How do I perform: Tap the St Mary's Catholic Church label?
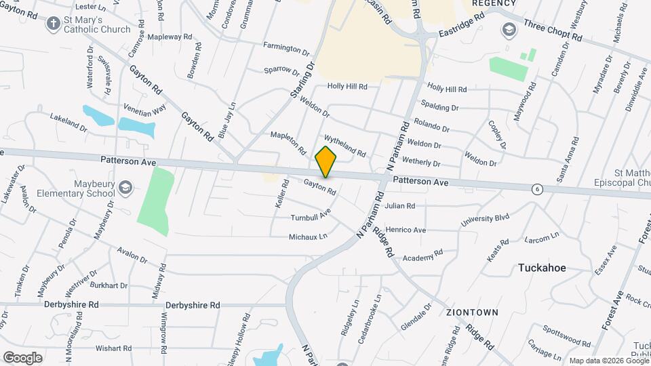(96, 25)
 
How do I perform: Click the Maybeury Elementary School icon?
(125, 187)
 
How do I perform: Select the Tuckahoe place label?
(542, 268)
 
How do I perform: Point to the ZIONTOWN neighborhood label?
(472, 312)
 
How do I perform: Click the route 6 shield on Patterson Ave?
(537, 188)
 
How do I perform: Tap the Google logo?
(22, 357)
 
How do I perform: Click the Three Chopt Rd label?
(553, 30)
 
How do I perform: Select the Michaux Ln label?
(308, 237)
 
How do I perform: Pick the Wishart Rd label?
(113, 348)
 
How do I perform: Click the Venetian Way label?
(144, 108)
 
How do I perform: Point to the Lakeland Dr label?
(68, 122)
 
